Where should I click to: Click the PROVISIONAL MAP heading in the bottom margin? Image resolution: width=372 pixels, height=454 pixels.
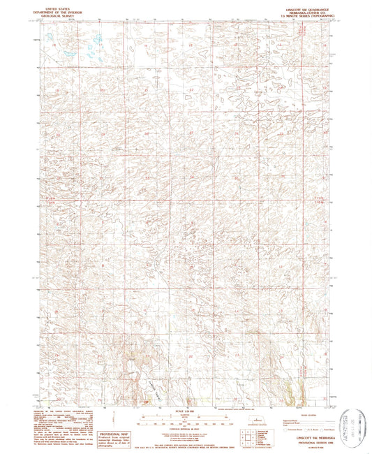pos(116,414)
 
